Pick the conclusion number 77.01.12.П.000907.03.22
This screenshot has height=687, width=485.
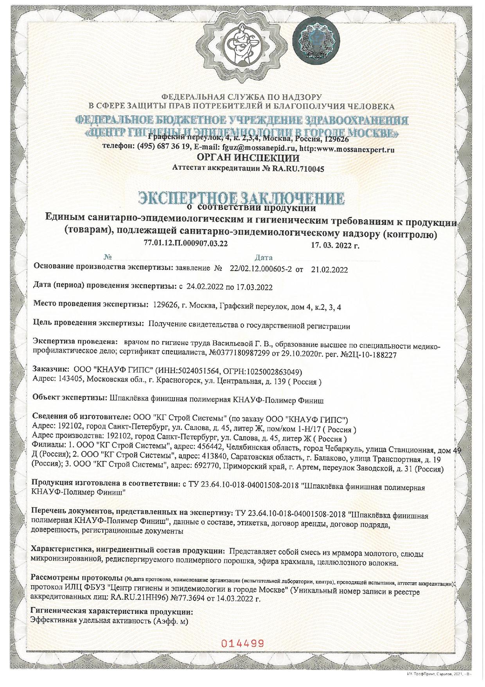186,243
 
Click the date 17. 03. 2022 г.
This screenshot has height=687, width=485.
335,246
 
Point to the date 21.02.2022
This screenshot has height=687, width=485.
329,270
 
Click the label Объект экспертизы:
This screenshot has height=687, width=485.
69,400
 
